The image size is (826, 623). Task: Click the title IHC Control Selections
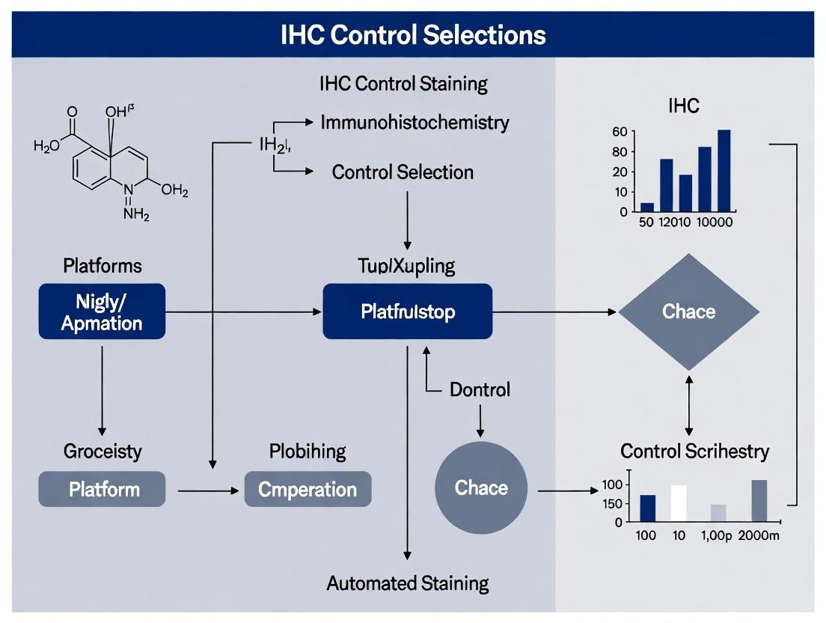413,34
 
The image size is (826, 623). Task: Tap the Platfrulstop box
408,311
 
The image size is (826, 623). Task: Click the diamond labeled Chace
688,311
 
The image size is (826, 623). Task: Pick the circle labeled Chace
481,488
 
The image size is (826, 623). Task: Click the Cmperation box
308,490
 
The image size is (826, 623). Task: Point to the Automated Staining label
408,583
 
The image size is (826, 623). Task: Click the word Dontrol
480,389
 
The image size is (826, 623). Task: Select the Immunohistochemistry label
414,122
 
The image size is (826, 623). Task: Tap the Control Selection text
403,172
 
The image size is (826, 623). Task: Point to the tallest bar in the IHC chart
723,170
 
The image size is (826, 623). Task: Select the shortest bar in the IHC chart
647,207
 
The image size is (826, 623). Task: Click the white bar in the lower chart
679,502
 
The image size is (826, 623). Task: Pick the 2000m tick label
759,537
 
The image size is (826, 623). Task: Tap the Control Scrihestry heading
694,452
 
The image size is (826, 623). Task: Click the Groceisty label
103,452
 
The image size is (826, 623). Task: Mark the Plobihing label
308,452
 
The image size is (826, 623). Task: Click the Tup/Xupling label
406,266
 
